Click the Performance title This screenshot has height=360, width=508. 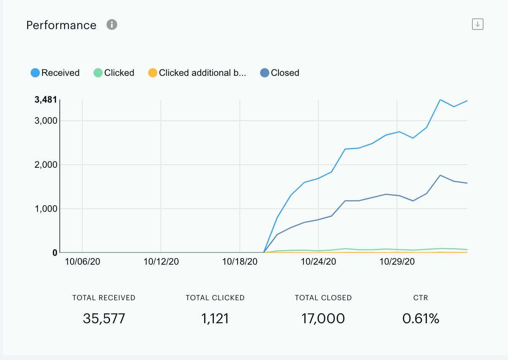[x=61, y=25]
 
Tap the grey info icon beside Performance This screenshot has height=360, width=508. [x=112, y=25]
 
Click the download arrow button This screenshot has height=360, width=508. [x=478, y=24]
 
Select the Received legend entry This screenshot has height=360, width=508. [x=55, y=73]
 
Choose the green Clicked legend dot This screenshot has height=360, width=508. [x=98, y=73]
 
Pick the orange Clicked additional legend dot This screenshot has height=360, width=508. [x=152, y=73]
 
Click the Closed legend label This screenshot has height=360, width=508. [x=285, y=73]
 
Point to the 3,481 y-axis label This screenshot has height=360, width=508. [x=46, y=100]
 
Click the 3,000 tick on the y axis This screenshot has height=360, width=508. [x=46, y=121]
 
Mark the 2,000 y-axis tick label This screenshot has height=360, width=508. [x=46, y=165]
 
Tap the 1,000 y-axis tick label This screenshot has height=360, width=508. [x=46, y=209]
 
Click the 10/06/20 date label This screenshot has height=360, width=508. [x=82, y=262]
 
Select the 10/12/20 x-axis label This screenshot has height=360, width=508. [x=161, y=262]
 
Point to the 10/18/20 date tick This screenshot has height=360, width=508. [x=240, y=262]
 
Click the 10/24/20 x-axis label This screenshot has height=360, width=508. [x=318, y=262]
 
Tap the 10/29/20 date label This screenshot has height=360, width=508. [x=397, y=262]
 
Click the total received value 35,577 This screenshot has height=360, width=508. [x=104, y=319]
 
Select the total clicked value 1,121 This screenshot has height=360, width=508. [x=215, y=319]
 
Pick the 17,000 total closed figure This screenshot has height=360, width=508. [x=323, y=319]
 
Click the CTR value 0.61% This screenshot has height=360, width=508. [x=421, y=319]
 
